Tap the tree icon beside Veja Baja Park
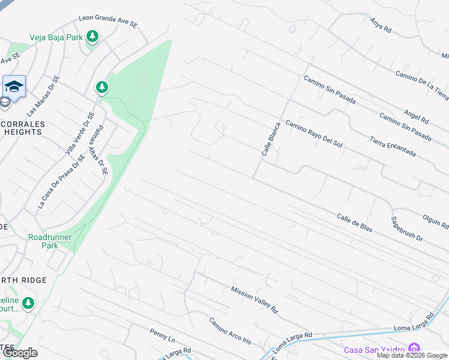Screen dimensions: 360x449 point(92,37)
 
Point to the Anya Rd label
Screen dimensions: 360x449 point(381,25)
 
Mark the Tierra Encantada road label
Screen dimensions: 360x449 point(393,144)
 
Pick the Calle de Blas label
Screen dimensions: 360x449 point(355,221)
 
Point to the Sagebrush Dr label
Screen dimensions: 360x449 point(407,229)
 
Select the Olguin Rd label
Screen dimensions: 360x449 point(436,221)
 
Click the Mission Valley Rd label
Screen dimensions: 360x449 point(255,300)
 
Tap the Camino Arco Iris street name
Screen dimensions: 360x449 point(230,331)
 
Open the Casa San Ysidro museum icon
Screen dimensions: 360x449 point(414,348)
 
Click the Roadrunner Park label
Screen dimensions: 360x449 point(50,241)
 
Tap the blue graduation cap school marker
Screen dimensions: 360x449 point(14,85)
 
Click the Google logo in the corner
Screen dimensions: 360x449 point(20,353)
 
